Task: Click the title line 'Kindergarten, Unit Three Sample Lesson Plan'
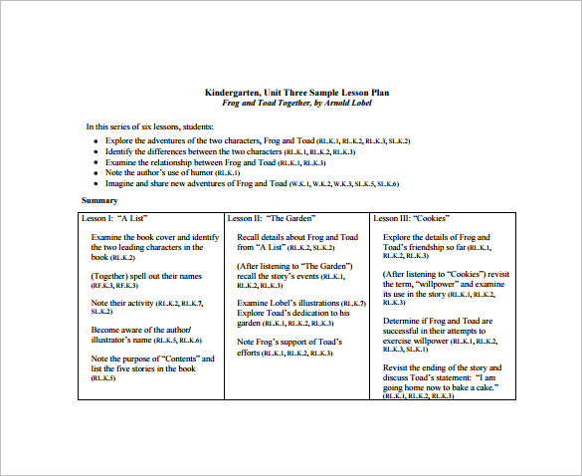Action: coord(291,91)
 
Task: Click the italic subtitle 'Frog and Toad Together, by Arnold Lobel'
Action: coord(291,101)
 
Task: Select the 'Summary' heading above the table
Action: coord(99,200)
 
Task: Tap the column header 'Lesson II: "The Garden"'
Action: coord(272,217)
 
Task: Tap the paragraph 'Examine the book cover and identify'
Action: coord(154,237)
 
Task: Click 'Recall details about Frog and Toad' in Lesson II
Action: coord(296,237)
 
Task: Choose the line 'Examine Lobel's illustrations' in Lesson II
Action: coord(292,303)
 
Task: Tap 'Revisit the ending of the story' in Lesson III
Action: coord(439,367)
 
